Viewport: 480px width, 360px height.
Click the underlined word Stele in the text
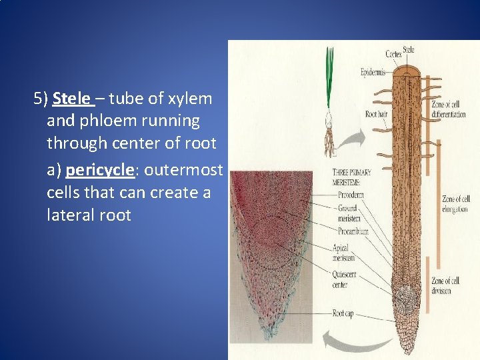point(71,99)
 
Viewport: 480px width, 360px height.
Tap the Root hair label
point(377,114)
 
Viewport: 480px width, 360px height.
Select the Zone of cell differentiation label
point(448,109)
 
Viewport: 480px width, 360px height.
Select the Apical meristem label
point(343,252)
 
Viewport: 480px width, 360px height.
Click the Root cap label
point(343,313)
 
